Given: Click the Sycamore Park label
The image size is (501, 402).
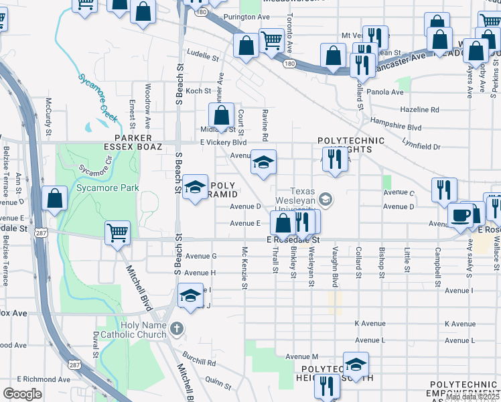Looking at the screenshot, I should click(x=108, y=188).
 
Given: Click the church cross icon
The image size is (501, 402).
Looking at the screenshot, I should click(x=176, y=328).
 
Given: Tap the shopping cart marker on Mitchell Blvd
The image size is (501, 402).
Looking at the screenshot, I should click(x=118, y=233).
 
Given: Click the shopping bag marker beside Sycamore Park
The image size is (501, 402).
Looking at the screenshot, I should click(x=54, y=199).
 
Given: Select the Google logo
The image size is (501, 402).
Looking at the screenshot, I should click(x=22, y=394).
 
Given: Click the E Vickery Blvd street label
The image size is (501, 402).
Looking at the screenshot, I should click(x=224, y=143).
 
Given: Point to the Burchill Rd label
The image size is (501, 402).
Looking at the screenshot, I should click(x=202, y=362).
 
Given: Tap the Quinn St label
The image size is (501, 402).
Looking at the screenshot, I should click(x=218, y=382).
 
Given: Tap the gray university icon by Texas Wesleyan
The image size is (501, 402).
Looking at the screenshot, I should click(x=326, y=199).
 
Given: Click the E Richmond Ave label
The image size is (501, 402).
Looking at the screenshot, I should click(x=40, y=379).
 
